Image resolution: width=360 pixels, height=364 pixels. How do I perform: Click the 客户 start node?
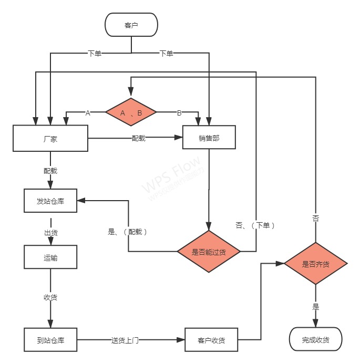click(131, 25)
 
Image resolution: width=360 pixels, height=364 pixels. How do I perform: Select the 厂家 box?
click(50, 139)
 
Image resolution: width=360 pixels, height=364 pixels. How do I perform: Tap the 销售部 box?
click(209, 139)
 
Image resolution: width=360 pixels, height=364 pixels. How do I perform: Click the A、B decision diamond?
click(131, 112)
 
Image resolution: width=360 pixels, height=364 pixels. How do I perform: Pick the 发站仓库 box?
click(50, 201)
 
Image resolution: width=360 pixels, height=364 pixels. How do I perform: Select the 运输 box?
click(50, 257)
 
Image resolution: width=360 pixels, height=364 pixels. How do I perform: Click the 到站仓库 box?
click(50, 340)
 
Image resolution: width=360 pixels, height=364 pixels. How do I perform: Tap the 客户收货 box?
click(211, 340)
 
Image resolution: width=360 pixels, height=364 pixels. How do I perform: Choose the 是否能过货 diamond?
click(209, 252)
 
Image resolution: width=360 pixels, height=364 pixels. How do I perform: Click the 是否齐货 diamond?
click(315, 264)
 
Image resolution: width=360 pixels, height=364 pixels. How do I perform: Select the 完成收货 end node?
click(315, 340)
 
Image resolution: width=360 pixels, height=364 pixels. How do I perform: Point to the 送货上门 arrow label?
click(125, 340)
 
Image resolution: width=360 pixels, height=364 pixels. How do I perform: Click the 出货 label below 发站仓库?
click(50, 232)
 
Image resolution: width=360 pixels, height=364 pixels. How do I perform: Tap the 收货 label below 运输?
click(50, 298)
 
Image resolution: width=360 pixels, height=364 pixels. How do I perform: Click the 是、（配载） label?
click(127, 231)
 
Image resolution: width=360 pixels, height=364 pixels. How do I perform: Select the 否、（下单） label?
click(255, 225)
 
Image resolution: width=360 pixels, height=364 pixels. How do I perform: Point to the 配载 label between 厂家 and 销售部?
click(139, 139)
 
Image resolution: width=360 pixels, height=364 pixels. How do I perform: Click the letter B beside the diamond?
click(179, 112)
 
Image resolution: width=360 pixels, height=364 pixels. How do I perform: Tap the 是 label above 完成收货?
click(315, 307)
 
